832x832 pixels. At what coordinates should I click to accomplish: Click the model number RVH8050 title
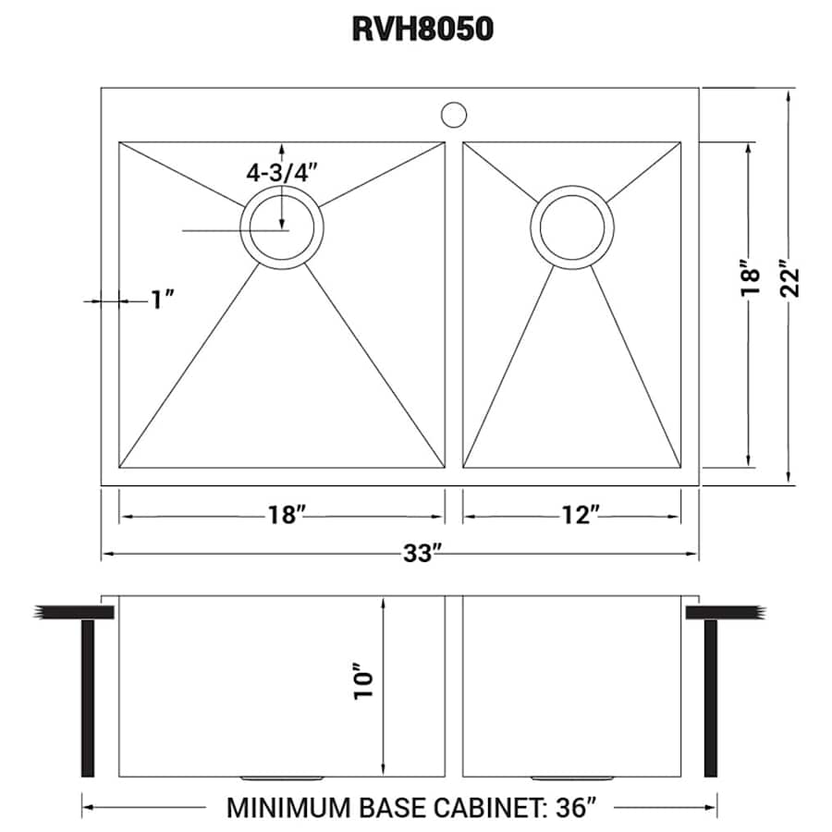(x=422, y=30)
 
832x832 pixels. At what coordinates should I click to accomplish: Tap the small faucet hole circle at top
(x=453, y=115)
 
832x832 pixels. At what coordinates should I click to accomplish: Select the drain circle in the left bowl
(x=282, y=226)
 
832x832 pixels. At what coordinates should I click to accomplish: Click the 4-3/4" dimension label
(x=282, y=171)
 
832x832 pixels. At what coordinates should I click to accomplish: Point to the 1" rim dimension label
(x=162, y=300)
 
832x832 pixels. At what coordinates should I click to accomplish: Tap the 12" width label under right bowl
(x=581, y=515)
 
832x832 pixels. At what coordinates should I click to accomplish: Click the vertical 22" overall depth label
(x=791, y=280)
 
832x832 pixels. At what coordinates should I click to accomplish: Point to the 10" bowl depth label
(x=363, y=681)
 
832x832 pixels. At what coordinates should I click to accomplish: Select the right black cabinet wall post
(x=711, y=698)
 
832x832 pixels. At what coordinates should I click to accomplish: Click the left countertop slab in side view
(x=74, y=612)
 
